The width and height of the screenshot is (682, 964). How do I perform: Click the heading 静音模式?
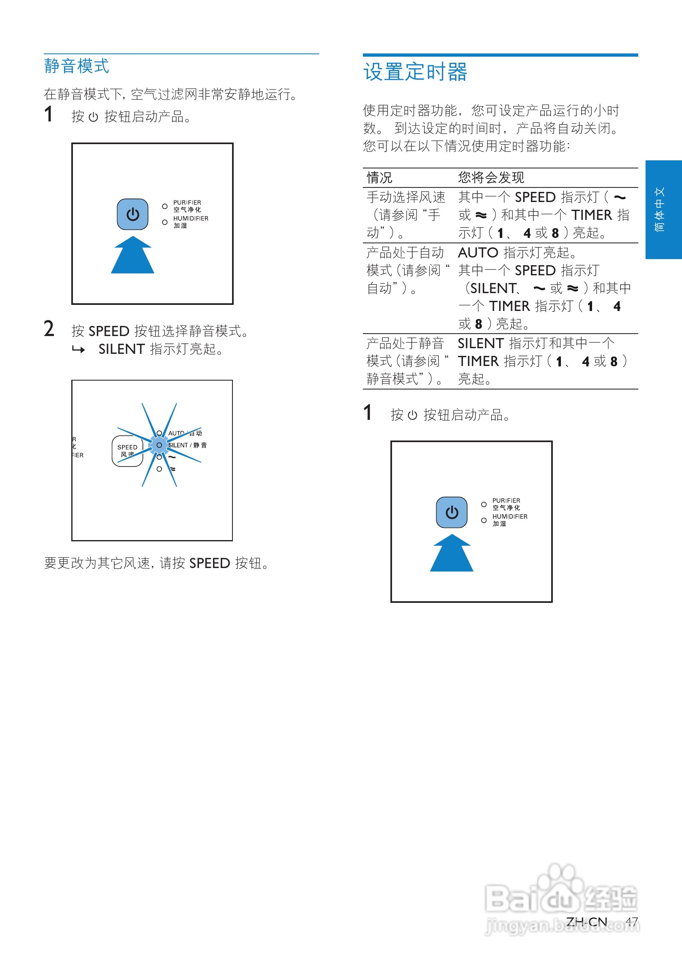(77, 66)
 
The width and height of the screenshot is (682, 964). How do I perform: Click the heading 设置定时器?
(415, 72)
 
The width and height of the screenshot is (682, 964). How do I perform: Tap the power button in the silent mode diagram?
(132, 214)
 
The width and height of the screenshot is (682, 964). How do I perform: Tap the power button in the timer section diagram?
(452, 512)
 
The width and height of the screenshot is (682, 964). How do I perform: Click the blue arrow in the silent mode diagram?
(132, 256)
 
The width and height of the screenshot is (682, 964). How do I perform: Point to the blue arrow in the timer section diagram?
(452, 554)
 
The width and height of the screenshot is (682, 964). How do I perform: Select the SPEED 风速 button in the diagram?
(127, 451)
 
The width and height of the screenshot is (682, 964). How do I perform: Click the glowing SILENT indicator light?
(159, 445)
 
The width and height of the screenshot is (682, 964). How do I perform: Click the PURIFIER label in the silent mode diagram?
(187, 202)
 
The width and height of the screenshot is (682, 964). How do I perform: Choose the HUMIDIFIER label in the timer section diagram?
(510, 517)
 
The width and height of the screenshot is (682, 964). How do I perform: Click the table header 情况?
(379, 178)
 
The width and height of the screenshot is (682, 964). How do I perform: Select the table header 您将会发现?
(491, 178)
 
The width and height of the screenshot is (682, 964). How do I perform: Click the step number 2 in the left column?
(49, 329)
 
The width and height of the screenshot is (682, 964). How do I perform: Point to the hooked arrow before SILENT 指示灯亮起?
(79, 349)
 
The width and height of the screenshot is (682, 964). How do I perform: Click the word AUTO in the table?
(477, 253)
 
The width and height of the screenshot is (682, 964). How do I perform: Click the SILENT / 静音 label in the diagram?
(187, 445)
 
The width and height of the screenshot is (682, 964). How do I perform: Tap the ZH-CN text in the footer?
(586, 922)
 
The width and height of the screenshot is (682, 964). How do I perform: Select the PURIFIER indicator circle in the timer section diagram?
(484, 504)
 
